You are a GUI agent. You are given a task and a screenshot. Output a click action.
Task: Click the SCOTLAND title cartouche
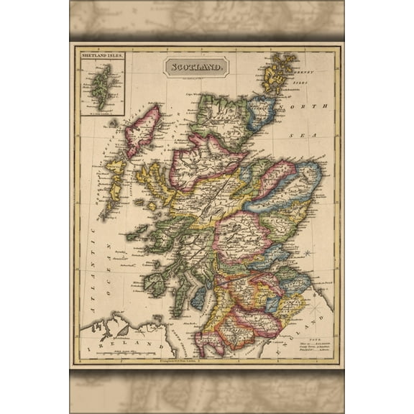click(x=195, y=67)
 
